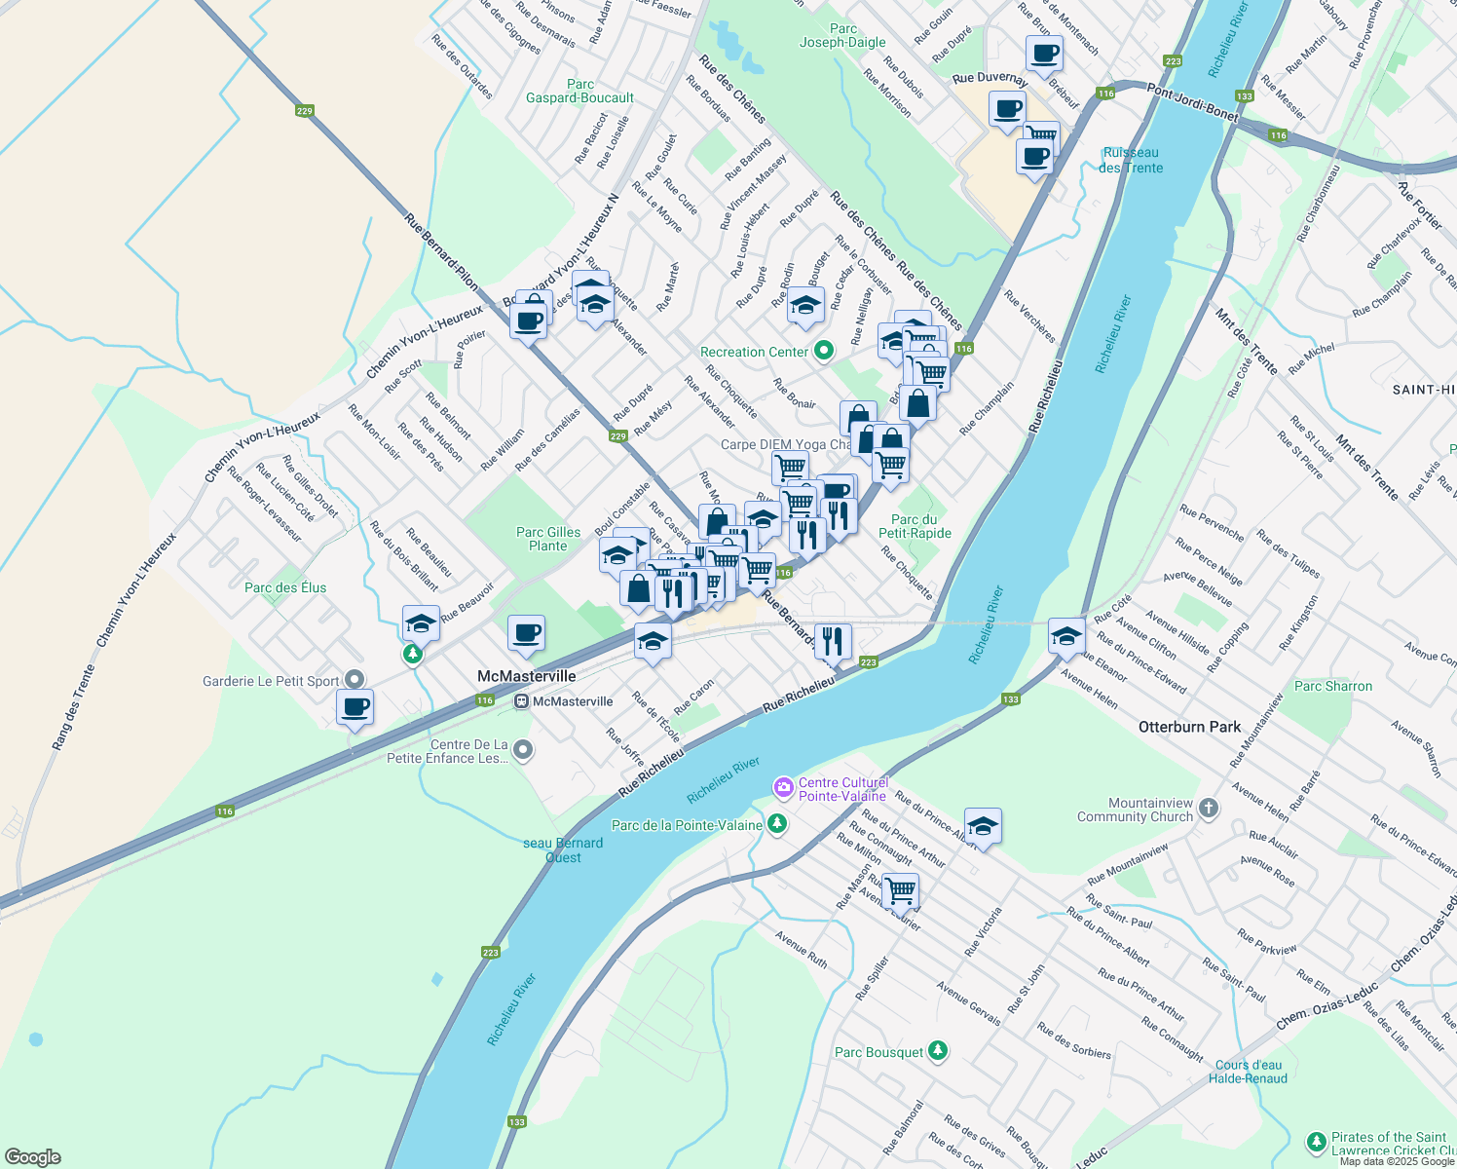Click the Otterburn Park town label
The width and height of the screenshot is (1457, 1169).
coord(1189,727)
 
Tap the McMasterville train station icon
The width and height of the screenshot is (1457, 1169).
coord(521,701)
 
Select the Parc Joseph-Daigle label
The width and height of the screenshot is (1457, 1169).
coord(842,36)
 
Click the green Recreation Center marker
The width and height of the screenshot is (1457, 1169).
coord(823,351)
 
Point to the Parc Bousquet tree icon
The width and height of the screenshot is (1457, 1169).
coord(937,1051)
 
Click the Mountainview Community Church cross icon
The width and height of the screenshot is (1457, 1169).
coord(1209,809)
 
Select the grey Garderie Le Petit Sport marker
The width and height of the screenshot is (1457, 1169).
coord(355,680)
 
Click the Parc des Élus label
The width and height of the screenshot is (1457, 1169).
coord(285,587)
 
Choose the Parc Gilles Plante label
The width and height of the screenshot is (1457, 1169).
coord(547,539)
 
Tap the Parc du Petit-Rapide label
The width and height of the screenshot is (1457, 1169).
coord(915,526)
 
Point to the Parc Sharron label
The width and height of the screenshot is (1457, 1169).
coord(1333,686)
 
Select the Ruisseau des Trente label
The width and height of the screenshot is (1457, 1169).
coord(1130,160)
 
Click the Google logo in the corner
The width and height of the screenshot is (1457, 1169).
coord(33,1157)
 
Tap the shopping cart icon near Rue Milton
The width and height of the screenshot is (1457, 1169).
coord(900,889)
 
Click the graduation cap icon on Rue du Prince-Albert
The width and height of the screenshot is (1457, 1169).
coord(983,826)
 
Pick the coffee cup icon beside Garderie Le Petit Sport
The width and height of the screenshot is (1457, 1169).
coord(355,706)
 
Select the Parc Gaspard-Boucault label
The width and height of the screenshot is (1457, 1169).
coord(579,91)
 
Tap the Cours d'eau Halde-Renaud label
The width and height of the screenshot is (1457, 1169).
coord(1249,1072)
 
